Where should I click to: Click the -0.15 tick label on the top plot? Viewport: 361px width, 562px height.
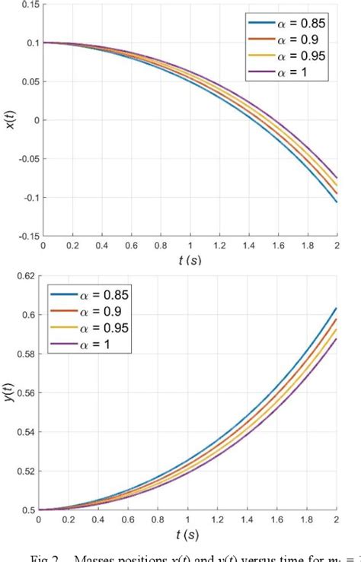[26, 237]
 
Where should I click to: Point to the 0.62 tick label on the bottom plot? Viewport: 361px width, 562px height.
[27, 276]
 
